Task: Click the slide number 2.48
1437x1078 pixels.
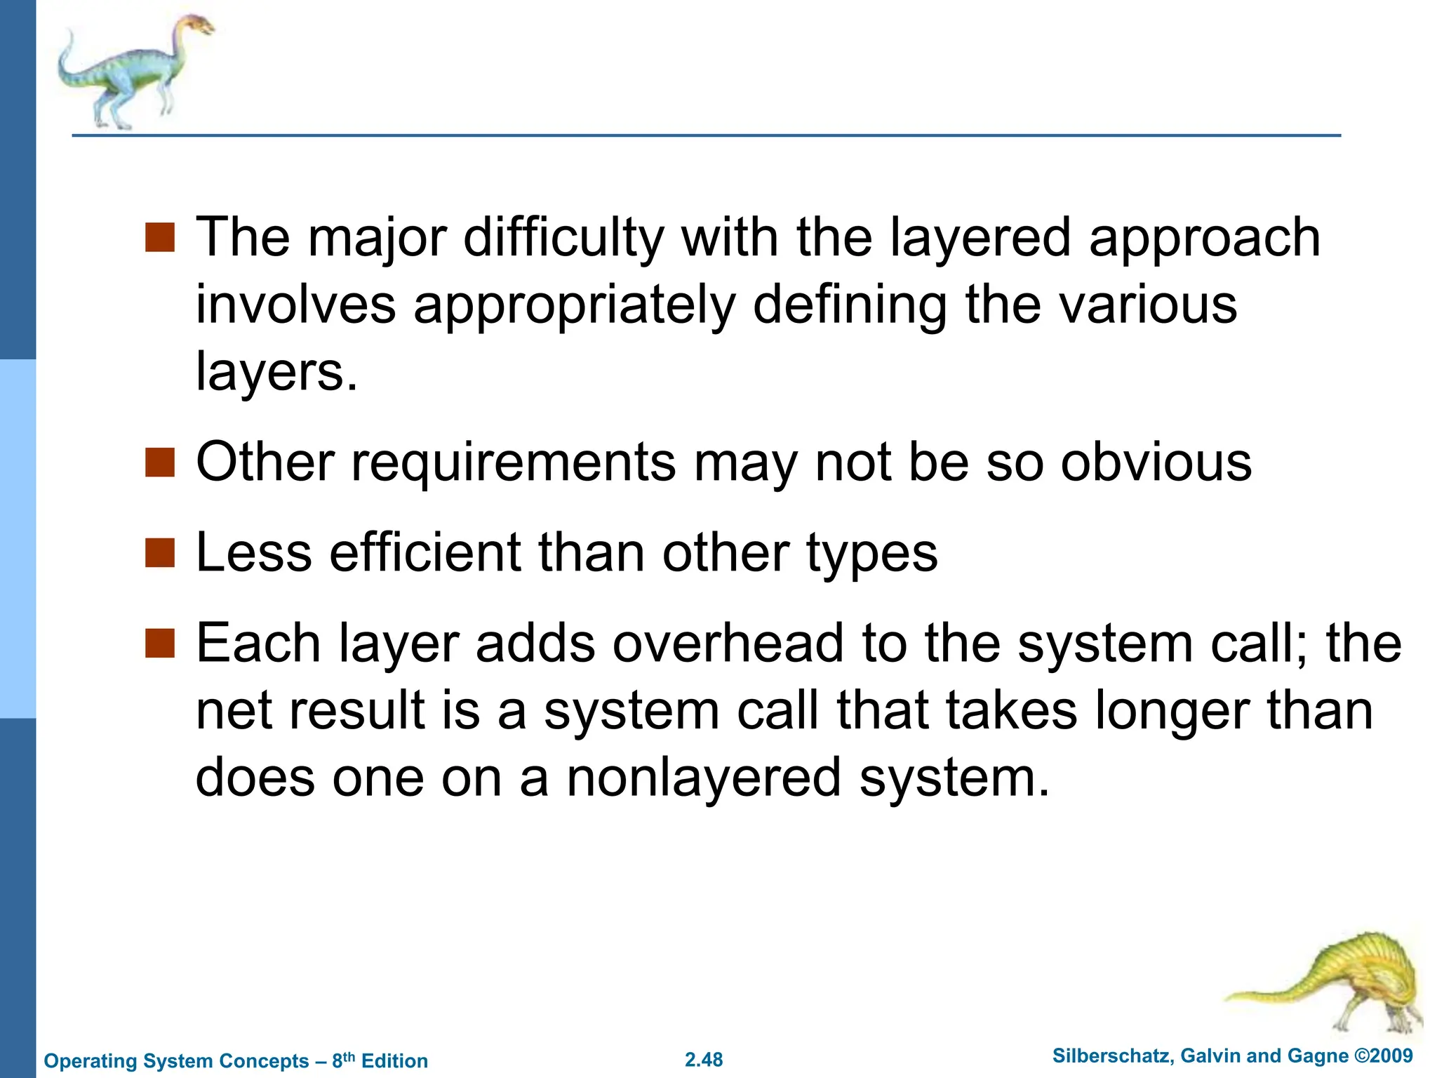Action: [704, 1060]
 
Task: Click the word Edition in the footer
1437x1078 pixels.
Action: [394, 1060]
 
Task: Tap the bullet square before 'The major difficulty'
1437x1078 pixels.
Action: [159, 237]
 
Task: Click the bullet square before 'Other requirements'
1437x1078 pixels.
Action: [159, 463]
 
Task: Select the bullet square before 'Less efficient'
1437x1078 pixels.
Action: [159, 552]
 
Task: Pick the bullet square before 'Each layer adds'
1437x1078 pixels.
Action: [159, 643]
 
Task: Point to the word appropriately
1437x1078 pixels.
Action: [575, 306]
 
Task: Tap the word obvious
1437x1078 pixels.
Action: [1156, 463]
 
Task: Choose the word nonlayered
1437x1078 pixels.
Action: [704, 778]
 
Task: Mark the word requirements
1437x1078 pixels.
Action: [514, 464]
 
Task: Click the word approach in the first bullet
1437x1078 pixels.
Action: [1204, 239]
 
